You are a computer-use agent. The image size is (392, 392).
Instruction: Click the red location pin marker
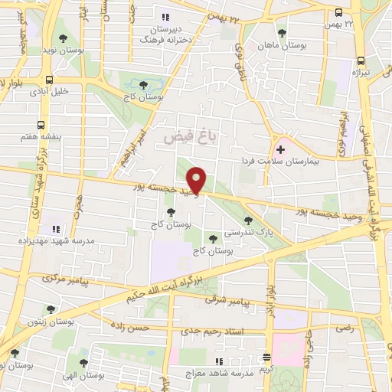[x=198, y=181]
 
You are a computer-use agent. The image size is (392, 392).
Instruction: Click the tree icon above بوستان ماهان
[x=283, y=33]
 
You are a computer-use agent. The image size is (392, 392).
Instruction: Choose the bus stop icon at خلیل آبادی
[x=50, y=79]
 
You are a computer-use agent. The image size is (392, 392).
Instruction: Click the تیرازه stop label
[x=361, y=72]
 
